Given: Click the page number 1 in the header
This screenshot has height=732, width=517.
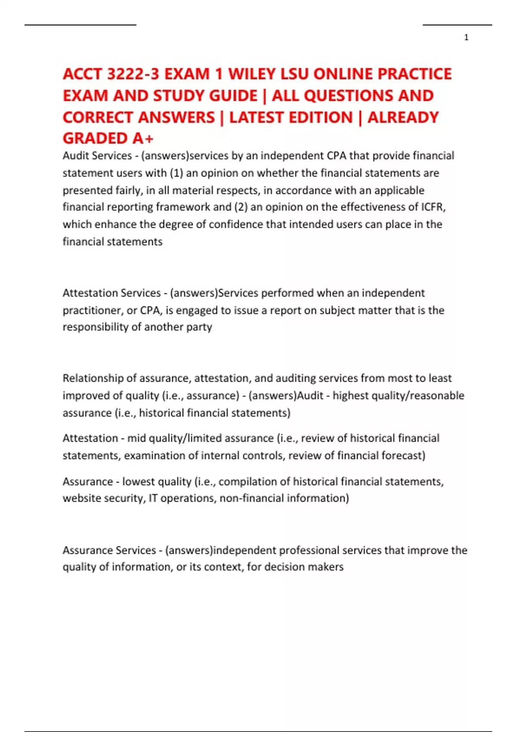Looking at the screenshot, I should (x=466, y=37).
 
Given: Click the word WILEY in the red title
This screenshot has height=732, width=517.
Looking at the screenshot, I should (x=252, y=74).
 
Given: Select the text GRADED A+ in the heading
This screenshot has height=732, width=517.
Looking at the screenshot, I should (x=108, y=138).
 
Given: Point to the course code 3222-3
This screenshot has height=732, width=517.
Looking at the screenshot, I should (x=132, y=74).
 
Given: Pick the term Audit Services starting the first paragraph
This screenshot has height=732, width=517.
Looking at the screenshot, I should (x=97, y=155).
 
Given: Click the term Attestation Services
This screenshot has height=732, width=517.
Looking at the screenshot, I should (x=112, y=293).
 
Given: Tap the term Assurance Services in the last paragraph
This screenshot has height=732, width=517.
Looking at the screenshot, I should (x=109, y=550).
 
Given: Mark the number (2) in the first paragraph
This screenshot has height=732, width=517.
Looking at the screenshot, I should (x=240, y=207).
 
